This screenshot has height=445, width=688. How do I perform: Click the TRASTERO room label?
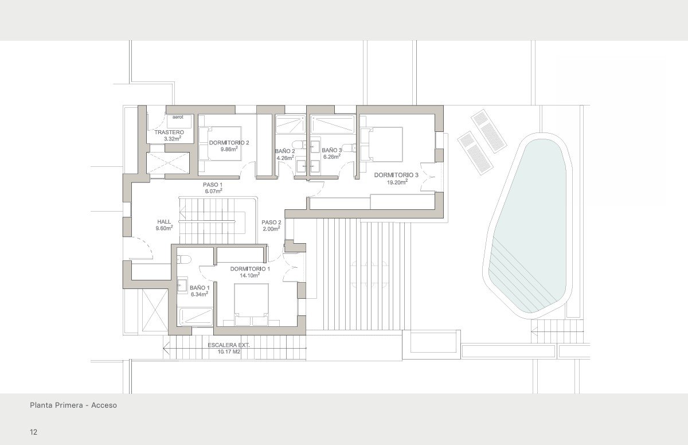(169, 132)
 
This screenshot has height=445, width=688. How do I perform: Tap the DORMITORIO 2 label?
(229, 142)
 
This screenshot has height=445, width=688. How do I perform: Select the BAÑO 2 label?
(285, 151)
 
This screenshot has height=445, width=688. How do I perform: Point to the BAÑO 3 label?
(331, 150)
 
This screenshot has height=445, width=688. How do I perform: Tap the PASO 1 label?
(213, 185)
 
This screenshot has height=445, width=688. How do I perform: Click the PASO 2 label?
(271, 222)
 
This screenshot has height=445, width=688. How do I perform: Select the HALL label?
(164, 222)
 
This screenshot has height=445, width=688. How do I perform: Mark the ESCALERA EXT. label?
(229, 345)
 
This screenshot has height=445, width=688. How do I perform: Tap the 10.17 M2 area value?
(229, 352)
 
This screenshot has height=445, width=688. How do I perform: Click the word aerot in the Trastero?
(178, 117)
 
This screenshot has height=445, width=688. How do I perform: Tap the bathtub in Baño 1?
(196, 316)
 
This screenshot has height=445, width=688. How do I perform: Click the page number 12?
(34, 431)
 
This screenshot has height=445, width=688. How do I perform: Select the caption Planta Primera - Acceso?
(73, 405)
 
